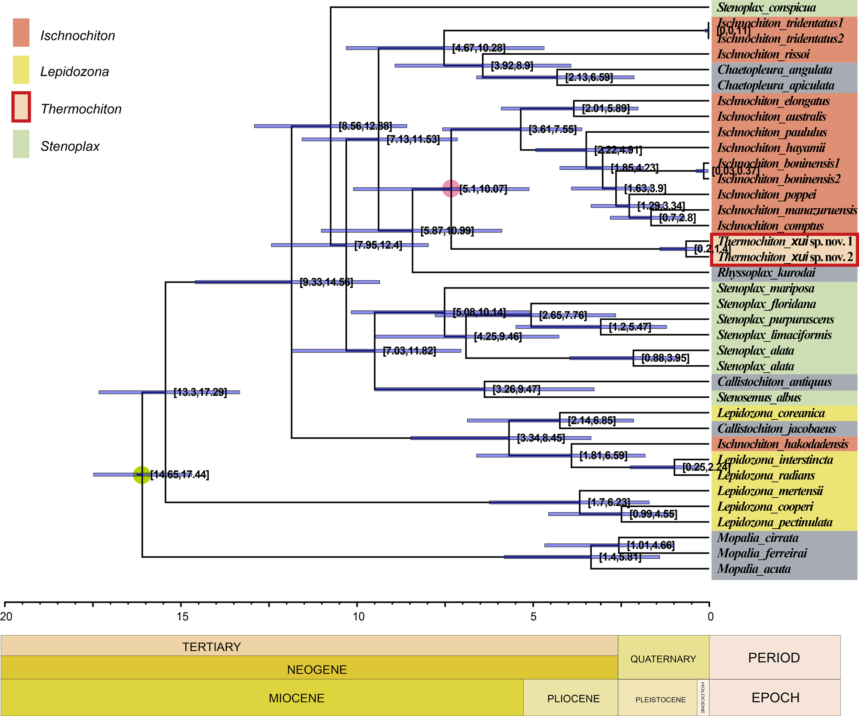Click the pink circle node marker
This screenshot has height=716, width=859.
[x=451, y=189]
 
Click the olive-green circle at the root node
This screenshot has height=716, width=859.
[x=142, y=475]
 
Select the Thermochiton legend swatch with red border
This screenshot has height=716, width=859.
[x=21, y=107]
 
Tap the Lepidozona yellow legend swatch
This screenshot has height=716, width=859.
[x=21, y=70]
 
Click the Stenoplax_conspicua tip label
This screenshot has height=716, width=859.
[x=766, y=8]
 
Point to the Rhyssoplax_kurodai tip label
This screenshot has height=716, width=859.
[x=766, y=273]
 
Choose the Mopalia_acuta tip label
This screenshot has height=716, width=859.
[x=754, y=569]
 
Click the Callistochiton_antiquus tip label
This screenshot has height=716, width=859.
[x=774, y=382]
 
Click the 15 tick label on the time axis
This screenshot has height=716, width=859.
[x=182, y=617]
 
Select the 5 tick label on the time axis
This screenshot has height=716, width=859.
[x=533, y=617]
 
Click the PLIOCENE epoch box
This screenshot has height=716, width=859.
[x=573, y=698]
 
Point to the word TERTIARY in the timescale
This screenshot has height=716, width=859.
[x=211, y=647]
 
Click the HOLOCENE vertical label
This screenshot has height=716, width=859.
[x=703, y=697]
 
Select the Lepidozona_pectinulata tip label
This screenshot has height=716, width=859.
[x=775, y=522]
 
